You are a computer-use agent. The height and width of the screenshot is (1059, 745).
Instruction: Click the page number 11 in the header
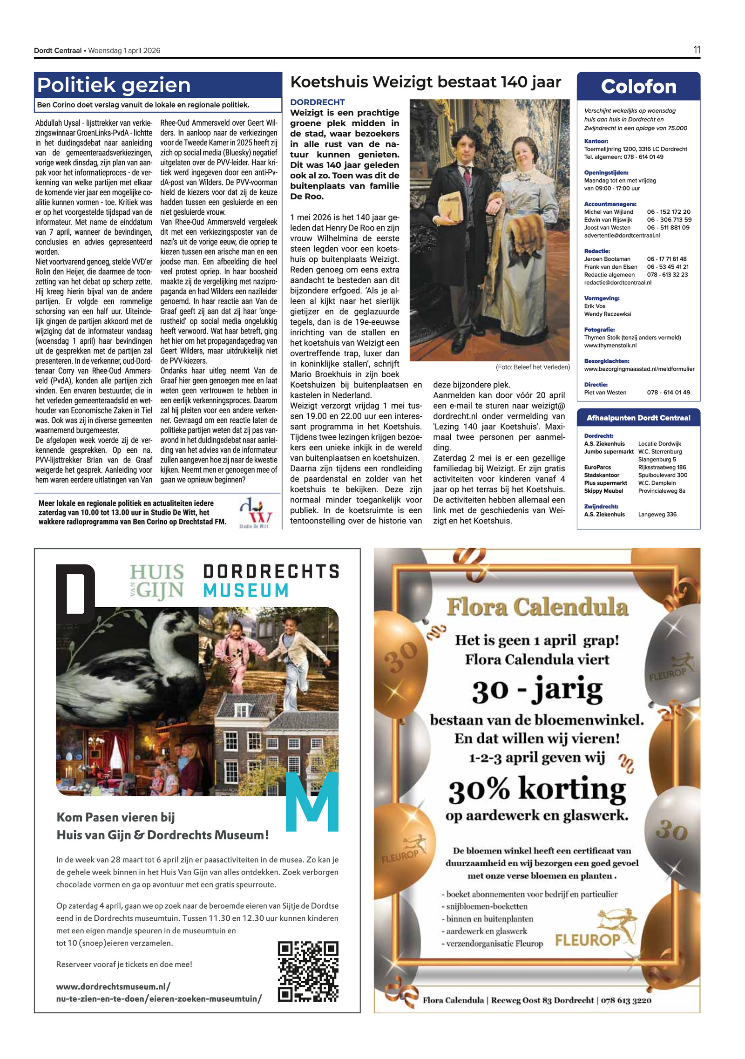pos(696,50)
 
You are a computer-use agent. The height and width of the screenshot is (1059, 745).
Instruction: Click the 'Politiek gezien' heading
pos(114,85)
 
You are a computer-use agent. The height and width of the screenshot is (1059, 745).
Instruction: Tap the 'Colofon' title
pos(638,87)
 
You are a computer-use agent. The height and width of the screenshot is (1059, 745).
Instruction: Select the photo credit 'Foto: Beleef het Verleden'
pos(532,367)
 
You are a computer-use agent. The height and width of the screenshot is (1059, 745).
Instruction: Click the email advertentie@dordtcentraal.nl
pos(622,236)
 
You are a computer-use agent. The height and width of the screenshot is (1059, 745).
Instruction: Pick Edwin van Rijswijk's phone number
pos(669,220)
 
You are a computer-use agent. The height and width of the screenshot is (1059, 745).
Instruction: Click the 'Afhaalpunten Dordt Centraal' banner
pos(638,418)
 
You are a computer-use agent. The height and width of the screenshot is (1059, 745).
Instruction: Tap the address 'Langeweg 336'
pos(657,514)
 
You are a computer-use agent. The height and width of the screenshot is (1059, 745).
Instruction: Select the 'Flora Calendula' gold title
pos(537,607)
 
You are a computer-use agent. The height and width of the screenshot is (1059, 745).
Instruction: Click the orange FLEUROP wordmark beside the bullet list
pos(588,940)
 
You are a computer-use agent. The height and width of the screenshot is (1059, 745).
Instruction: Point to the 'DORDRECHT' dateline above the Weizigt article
pos(317,102)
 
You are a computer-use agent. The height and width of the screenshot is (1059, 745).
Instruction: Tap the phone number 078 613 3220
pos(626,1000)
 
